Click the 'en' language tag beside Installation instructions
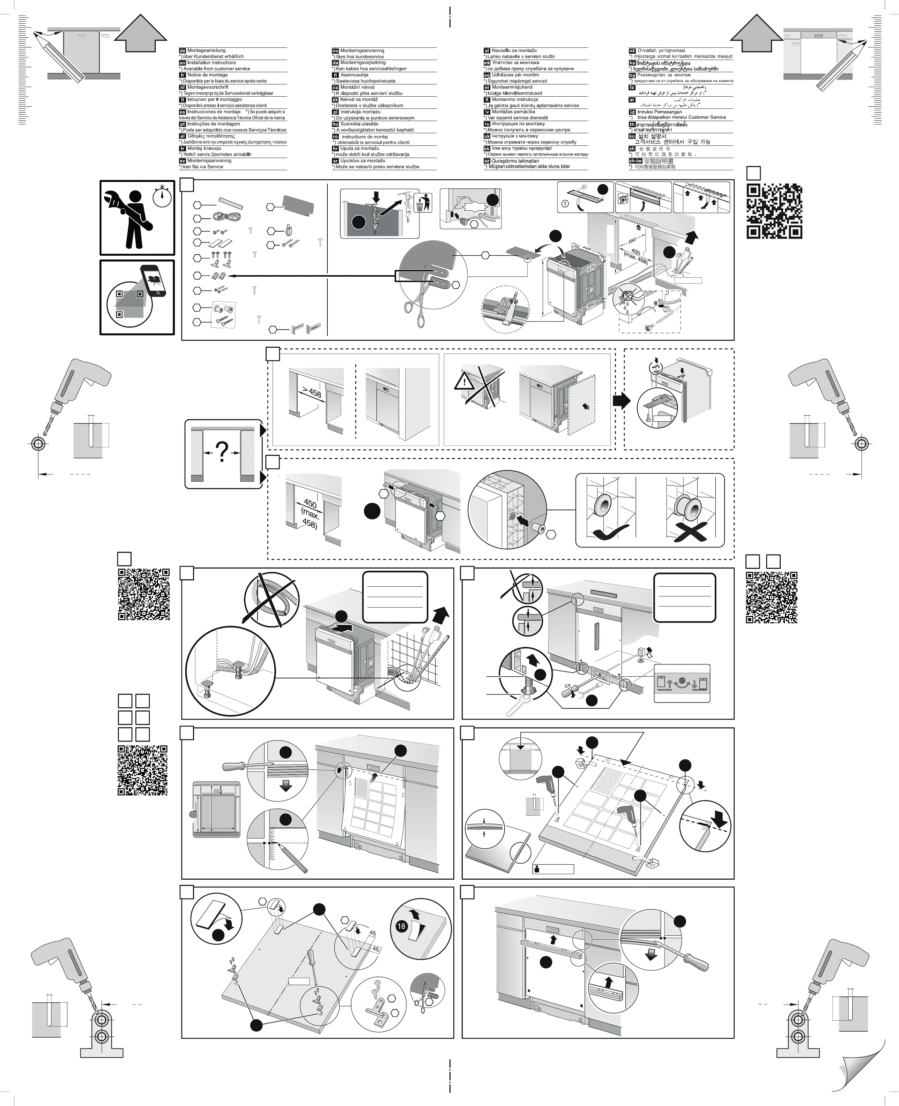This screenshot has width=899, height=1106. (182, 63)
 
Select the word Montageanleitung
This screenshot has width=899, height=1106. (207, 51)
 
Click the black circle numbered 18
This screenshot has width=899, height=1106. (401, 926)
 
